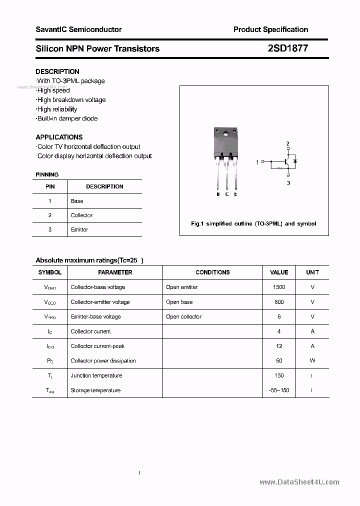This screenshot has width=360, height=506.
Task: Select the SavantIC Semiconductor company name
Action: tap(78, 29)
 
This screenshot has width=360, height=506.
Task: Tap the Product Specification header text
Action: tap(270, 29)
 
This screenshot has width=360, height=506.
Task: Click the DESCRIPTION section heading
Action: tap(57, 71)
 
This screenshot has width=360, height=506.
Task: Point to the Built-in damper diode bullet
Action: tap(67, 118)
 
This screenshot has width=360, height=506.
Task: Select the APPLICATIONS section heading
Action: tap(59, 137)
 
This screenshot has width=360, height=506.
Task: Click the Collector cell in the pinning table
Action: tap(81, 215)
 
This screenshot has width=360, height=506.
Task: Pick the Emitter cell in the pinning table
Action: tap(79, 229)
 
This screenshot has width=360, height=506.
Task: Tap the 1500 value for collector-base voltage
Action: tap(279, 287)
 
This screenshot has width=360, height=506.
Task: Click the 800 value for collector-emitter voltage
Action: tap(279, 302)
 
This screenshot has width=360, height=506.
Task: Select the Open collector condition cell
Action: tap(183, 316)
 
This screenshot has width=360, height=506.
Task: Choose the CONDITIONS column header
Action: tap(212, 272)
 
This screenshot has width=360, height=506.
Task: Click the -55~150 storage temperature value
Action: tap(279, 390)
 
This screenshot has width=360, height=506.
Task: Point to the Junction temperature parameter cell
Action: tap(96, 375)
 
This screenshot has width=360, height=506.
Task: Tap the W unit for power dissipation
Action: tap(312, 361)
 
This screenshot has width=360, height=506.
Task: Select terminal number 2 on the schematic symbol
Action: tap(287, 144)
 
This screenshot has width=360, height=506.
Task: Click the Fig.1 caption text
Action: tap(253, 224)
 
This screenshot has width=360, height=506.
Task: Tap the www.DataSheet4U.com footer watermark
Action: tap(299, 482)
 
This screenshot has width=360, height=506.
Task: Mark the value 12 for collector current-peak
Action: tap(279, 346)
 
